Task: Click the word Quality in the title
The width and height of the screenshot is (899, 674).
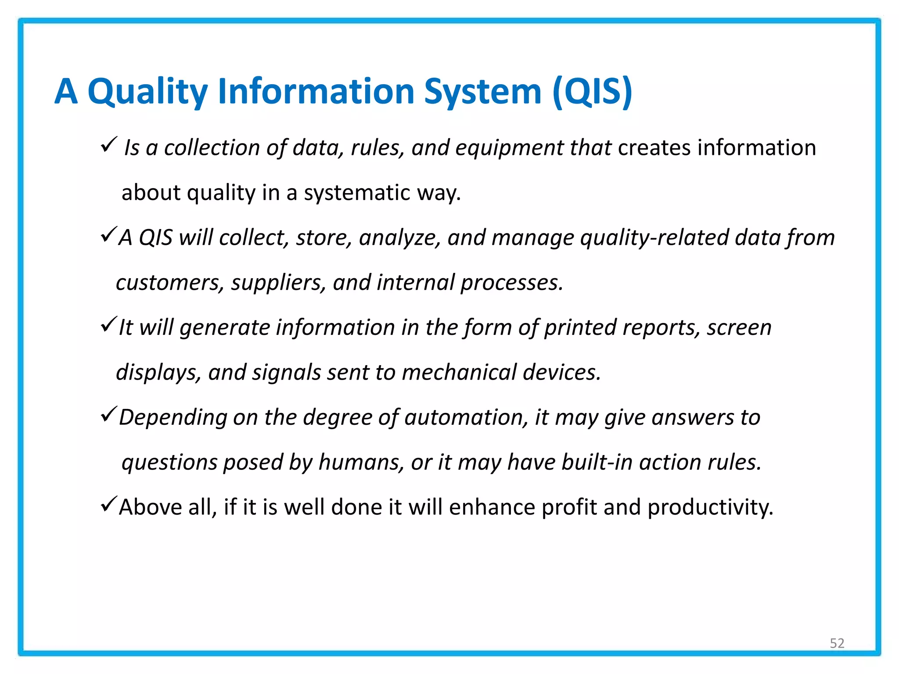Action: tap(147, 92)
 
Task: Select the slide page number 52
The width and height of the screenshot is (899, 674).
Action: tap(837, 643)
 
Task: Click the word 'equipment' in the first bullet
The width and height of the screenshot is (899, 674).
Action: tap(509, 148)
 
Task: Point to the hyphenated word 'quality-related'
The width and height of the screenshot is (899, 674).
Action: tap(654, 238)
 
